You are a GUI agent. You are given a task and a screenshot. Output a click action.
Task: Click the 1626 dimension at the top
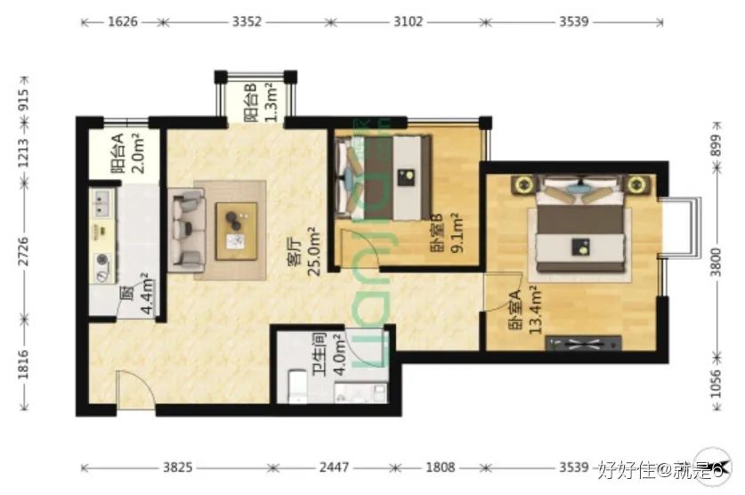(123, 22)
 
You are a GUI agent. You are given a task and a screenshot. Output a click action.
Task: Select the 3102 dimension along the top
(407, 22)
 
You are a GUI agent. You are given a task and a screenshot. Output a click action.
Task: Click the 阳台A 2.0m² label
(126, 153)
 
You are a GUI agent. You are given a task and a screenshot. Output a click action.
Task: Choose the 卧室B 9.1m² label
(446, 233)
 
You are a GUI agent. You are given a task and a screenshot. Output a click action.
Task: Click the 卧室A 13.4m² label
(525, 310)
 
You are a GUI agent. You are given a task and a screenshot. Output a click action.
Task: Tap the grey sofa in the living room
(188, 228)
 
